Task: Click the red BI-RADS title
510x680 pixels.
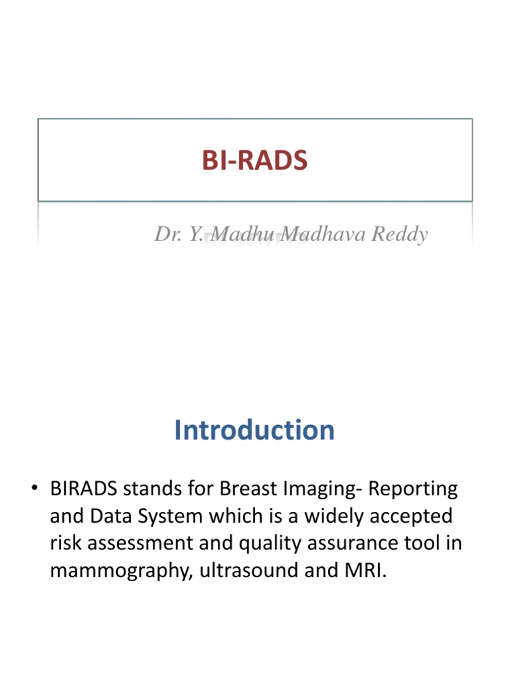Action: [255, 160]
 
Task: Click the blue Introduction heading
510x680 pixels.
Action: [254, 430]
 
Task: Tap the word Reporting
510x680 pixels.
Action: [413, 489]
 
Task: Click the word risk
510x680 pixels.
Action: [65, 543]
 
